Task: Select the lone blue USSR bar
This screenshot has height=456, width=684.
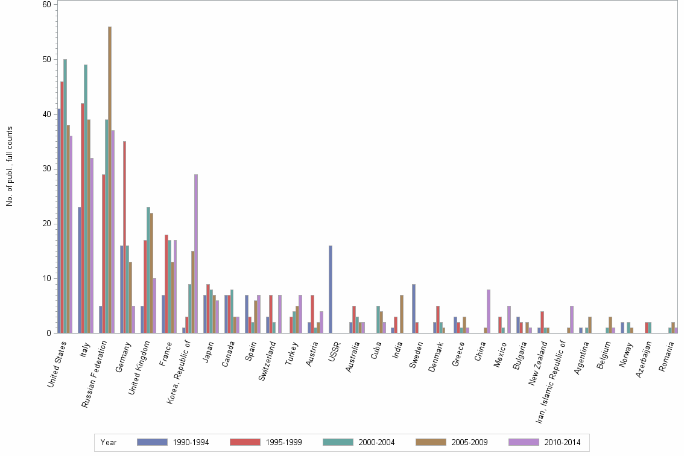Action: (331, 290)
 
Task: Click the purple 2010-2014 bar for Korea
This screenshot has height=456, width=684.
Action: (196, 253)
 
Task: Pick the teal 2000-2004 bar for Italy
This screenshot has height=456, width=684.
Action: (86, 198)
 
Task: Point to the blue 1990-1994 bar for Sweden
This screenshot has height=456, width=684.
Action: (414, 308)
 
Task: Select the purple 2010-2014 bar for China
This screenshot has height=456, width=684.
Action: (489, 311)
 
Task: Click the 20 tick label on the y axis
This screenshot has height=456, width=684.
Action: (46, 224)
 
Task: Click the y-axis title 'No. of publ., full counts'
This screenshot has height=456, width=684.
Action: (10, 166)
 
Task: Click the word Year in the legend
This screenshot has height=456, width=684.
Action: (109, 442)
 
